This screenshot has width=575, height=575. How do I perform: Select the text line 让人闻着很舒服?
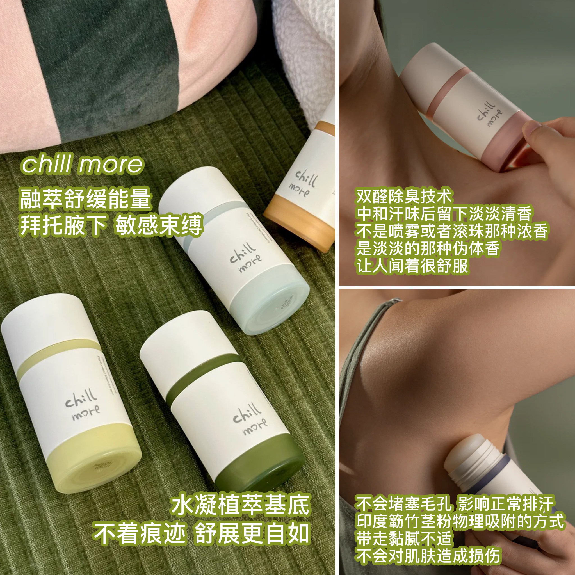412,266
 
